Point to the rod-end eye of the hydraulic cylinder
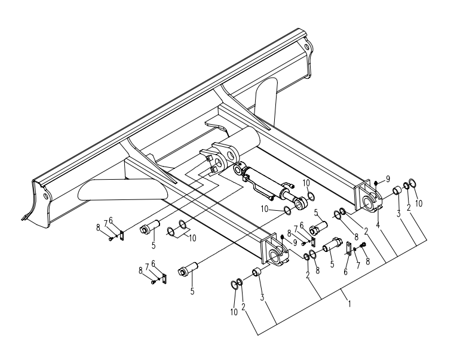(x=300, y=204)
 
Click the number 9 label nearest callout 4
(x=388, y=178)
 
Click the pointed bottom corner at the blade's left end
(x=23, y=219)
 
